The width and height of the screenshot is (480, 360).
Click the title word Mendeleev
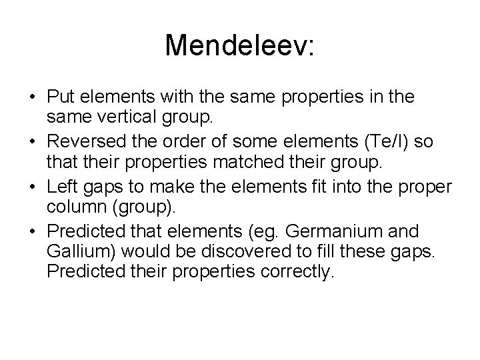(239, 45)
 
